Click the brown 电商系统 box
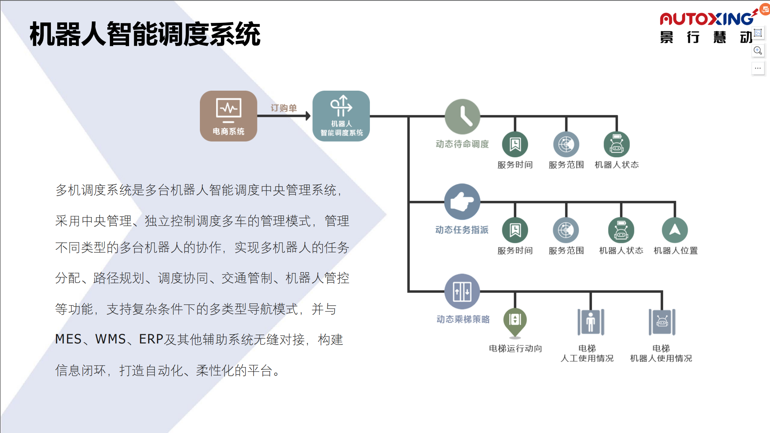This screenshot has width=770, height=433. pos(228,116)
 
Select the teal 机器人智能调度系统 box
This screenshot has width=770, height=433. pos(341,116)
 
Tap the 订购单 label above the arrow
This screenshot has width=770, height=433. pos(284,108)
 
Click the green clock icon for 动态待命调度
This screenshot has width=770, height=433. pos(462,116)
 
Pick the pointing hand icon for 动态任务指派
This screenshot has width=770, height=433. pos(462,202)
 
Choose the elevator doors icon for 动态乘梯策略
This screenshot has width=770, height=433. pos(462,291)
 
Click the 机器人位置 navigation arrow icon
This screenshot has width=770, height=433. pos(675,230)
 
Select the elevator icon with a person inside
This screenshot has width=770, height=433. pos(591,322)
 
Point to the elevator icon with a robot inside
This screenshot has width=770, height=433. pos(662,322)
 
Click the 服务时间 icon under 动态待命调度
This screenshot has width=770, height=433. pos(515,144)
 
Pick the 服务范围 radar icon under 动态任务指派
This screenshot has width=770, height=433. pos(566,230)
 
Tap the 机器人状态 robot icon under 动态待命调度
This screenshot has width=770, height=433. pos(617,144)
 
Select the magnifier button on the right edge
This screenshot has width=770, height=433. pos(758,50)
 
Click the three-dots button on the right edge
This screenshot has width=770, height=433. pos(758,68)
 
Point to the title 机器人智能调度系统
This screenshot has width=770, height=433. pos(145,34)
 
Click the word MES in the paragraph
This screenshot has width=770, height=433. pos(68,339)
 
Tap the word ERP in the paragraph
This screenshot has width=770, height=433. pos(151,339)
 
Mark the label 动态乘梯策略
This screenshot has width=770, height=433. pos(463,319)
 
